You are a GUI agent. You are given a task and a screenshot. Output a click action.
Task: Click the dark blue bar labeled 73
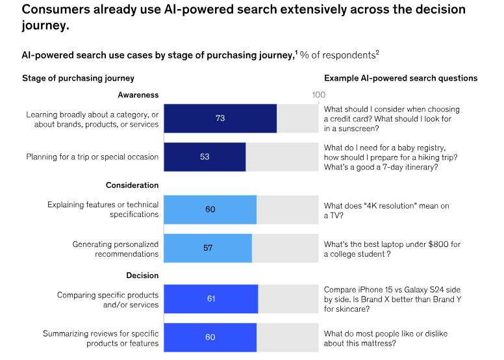tap(220, 118)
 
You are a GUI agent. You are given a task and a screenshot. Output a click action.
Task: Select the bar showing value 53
tap(205, 157)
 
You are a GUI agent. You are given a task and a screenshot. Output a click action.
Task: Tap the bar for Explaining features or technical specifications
tap(210, 209)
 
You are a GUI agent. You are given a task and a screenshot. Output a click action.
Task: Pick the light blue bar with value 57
tap(208, 248)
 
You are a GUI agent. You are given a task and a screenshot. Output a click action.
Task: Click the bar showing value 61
tap(210, 299)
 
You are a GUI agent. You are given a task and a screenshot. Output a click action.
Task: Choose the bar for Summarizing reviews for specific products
tap(210, 337)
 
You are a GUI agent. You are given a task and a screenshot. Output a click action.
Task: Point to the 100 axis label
tap(318, 95)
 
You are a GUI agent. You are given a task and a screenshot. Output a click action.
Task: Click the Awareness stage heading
tap(138, 95)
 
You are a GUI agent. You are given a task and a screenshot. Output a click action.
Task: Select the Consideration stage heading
tap(132, 185)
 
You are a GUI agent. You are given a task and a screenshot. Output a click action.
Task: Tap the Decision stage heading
tap(142, 276)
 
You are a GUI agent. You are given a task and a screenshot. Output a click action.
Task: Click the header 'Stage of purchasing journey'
tap(78, 78)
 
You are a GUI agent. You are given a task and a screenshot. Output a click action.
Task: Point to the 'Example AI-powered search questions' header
tap(401, 78)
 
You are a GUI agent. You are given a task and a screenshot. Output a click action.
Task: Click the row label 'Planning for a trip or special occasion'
tap(92, 157)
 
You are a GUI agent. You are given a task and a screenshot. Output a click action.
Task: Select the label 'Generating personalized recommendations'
tap(115, 248)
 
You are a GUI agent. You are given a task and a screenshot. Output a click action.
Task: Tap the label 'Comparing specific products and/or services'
tap(108, 300)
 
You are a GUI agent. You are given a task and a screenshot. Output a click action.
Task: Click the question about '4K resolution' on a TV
tap(386, 210)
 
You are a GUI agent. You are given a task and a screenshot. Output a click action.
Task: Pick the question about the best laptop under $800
tap(392, 248)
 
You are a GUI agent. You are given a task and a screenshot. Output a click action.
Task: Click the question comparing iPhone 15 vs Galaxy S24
tap(391, 299)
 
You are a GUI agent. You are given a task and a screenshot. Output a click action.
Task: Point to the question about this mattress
tap(386, 338)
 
